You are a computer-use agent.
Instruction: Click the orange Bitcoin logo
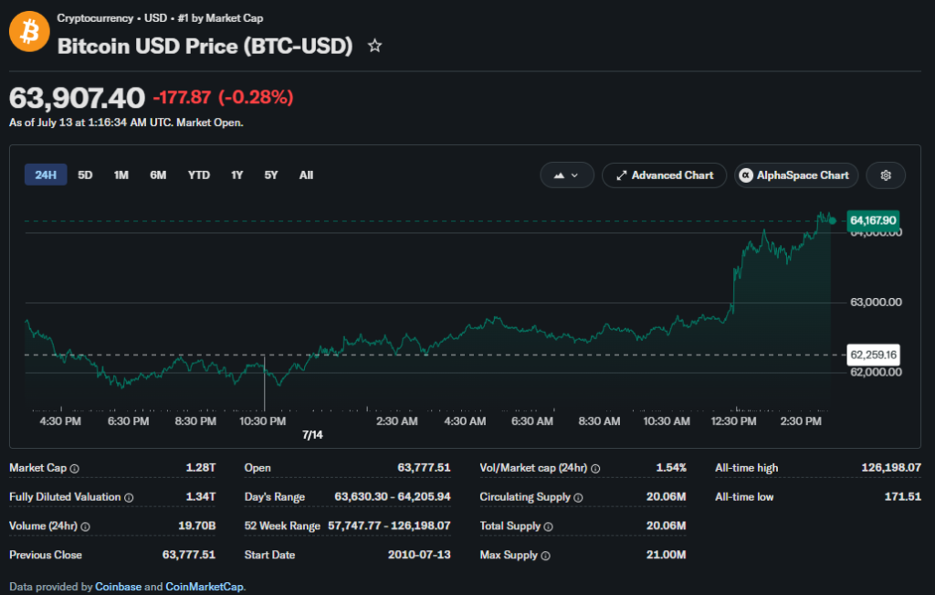click(29, 32)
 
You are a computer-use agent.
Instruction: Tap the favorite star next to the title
click(374, 46)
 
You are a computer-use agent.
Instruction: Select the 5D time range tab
click(85, 175)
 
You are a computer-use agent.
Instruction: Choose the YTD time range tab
click(198, 175)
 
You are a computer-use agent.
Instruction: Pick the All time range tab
click(306, 175)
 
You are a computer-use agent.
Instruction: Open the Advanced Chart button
click(665, 175)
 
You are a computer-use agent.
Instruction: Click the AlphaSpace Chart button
click(796, 175)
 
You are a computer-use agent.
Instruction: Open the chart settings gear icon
click(886, 175)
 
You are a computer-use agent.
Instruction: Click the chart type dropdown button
click(566, 175)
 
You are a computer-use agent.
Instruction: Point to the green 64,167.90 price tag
click(873, 221)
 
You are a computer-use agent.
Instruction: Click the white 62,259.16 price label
click(873, 356)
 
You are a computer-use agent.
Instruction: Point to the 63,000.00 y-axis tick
click(876, 302)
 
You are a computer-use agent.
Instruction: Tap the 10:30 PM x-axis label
click(262, 421)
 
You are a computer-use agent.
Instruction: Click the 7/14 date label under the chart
click(312, 435)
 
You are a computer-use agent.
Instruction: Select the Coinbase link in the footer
click(118, 587)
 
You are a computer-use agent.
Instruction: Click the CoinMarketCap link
click(204, 587)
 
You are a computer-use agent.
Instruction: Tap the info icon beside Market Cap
click(75, 469)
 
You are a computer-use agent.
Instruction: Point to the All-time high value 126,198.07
click(891, 468)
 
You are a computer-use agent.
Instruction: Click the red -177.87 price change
click(182, 97)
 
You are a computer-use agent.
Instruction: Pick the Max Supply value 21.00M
click(666, 555)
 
